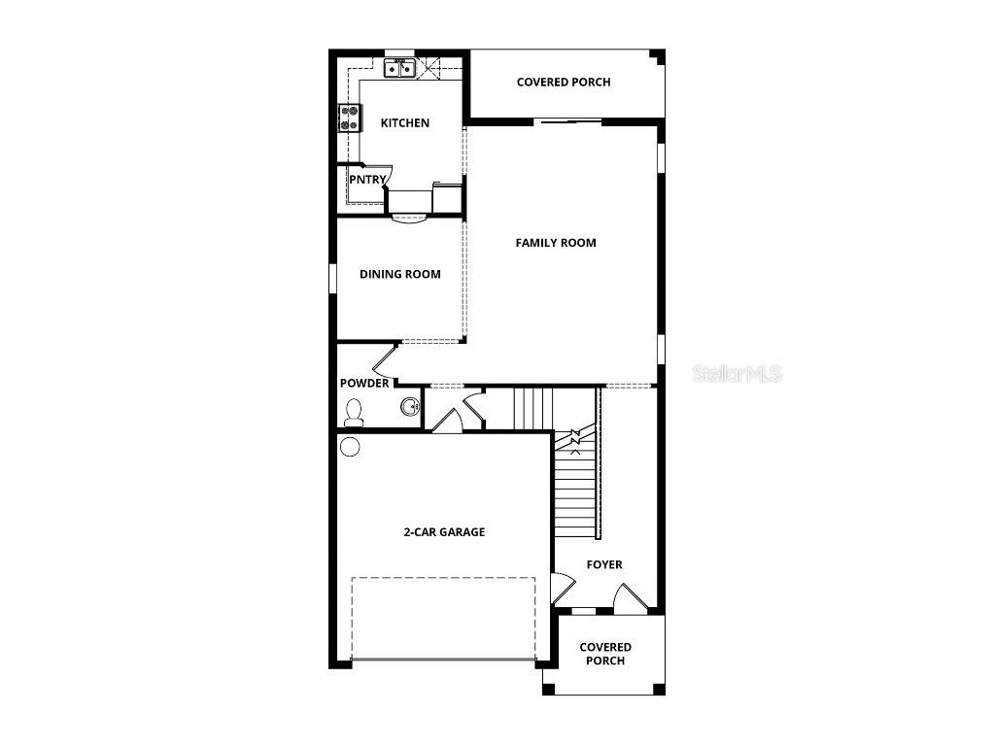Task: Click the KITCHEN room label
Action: pyautogui.click(x=404, y=123)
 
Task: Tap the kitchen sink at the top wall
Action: pyautogui.click(x=398, y=68)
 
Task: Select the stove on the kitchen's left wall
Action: pyautogui.click(x=348, y=118)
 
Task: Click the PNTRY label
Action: pyautogui.click(x=368, y=179)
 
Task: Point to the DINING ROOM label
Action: pyautogui.click(x=399, y=275)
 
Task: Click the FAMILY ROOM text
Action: pyautogui.click(x=556, y=243)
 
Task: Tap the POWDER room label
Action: pyautogui.click(x=364, y=384)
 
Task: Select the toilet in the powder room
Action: pyautogui.click(x=354, y=415)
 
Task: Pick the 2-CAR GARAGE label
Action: pyautogui.click(x=444, y=532)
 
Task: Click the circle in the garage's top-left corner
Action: pyautogui.click(x=351, y=447)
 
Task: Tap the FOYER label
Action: pyautogui.click(x=604, y=564)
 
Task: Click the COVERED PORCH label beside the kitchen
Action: pyautogui.click(x=564, y=83)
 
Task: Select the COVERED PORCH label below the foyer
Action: pyautogui.click(x=605, y=654)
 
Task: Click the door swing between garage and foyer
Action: pyautogui.click(x=563, y=588)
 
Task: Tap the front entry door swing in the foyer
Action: pyautogui.click(x=626, y=598)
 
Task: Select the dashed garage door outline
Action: pyautogui.click(x=443, y=619)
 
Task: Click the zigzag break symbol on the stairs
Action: pyautogui.click(x=574, y=443)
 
